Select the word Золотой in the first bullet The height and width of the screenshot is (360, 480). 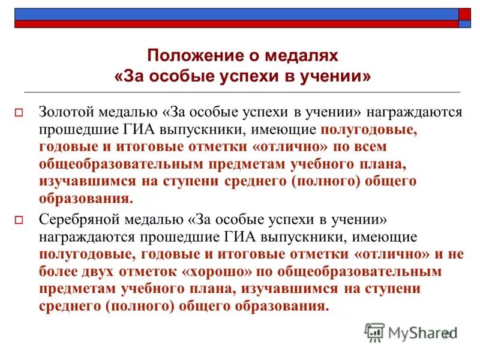tap(64, 112)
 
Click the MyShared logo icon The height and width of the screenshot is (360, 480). tap(374, 332)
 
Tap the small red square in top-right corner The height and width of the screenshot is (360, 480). tap(465, 14)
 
